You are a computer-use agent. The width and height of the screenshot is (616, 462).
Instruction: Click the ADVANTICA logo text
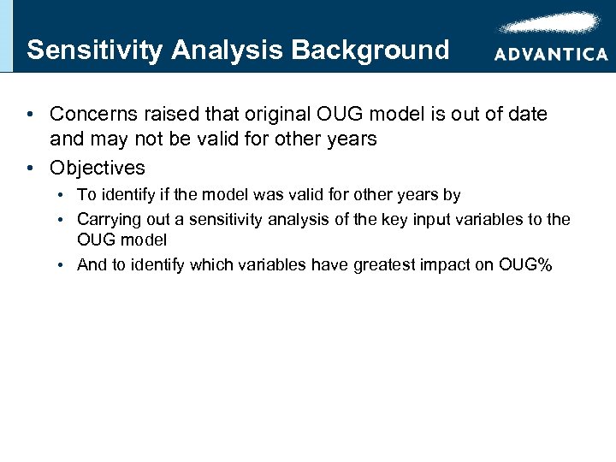550,54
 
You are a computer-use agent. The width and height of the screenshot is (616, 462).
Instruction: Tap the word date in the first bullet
528,114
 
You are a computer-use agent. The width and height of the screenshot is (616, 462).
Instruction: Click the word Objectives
97,168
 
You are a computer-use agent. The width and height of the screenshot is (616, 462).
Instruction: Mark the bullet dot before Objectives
30,168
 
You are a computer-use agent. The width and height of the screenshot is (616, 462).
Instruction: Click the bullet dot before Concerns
30,114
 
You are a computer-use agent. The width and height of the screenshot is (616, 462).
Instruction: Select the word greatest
369,264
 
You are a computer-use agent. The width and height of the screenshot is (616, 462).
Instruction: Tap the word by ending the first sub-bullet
452,196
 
